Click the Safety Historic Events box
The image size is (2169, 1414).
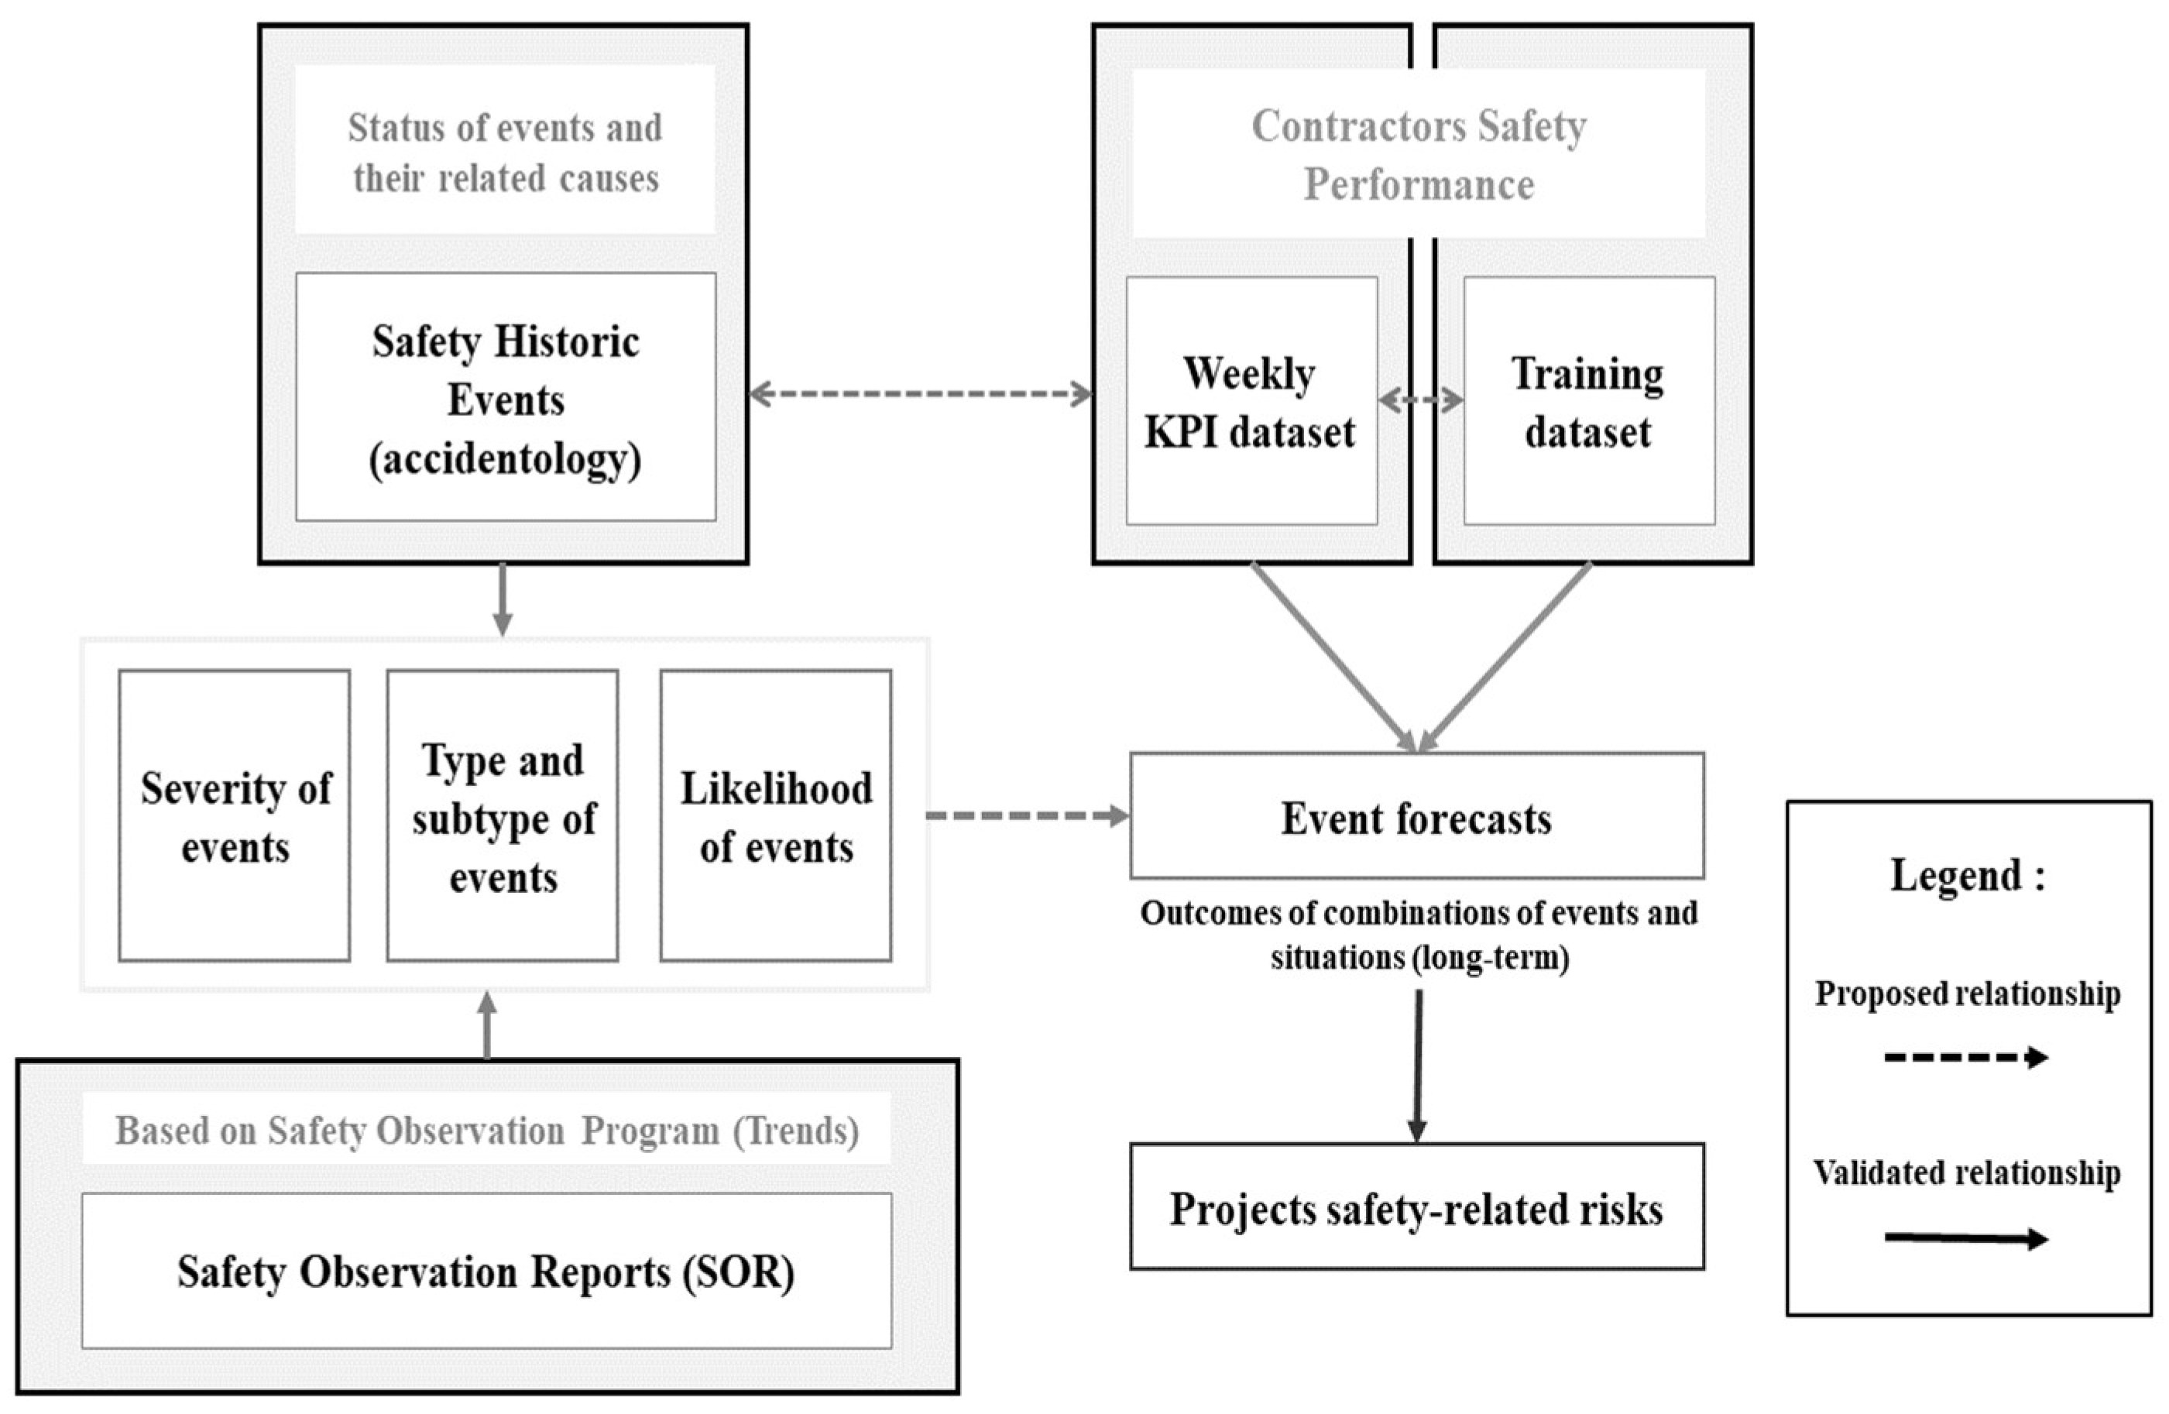506,398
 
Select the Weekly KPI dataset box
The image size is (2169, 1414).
1251,402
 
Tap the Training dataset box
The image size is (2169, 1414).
1588,402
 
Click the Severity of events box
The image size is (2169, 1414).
234,815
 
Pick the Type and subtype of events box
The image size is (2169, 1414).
502,815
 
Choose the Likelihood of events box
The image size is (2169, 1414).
776,815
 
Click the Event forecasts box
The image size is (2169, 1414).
1416,815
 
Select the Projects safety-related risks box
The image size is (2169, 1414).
1416,1206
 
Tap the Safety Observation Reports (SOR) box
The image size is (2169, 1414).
486,1270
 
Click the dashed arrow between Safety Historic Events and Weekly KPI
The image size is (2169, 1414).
919,394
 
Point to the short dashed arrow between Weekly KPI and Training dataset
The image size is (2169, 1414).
1420,400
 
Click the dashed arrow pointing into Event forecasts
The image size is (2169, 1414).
1027,815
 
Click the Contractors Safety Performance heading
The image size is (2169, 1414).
1418,155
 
